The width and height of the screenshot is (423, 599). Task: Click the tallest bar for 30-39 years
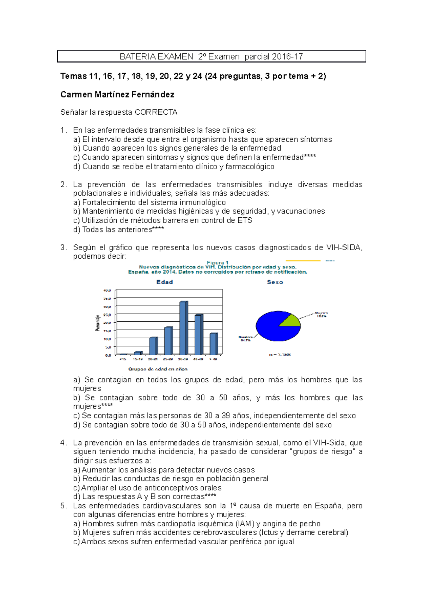pos(183,328)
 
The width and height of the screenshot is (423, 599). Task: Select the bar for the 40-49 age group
pos(198,335)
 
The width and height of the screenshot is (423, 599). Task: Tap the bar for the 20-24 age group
pos(153,346)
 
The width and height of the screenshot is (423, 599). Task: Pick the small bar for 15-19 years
pos(138,353)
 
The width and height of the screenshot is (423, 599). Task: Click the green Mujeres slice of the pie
pos(291,320)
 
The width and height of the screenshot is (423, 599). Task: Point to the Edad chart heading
pos(165,282)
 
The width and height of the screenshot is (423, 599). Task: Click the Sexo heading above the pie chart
pos(275,282)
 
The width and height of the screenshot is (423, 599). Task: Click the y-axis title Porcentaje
pos(98,323)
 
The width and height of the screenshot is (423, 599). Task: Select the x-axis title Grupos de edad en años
pos(158,369)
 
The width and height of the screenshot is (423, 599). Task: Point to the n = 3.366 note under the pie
pos(280,355)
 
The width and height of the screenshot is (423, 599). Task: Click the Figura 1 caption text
pos(217,262)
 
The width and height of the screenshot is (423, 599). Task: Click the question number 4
pos(63,443)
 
